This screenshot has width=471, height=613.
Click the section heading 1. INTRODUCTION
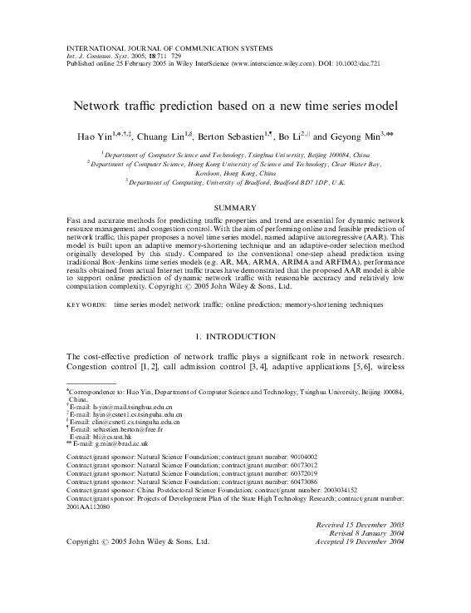click(236, 337)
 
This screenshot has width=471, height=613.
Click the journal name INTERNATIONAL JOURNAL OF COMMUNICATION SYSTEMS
click(148, 39)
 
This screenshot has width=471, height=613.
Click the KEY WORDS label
click(86, 305)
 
